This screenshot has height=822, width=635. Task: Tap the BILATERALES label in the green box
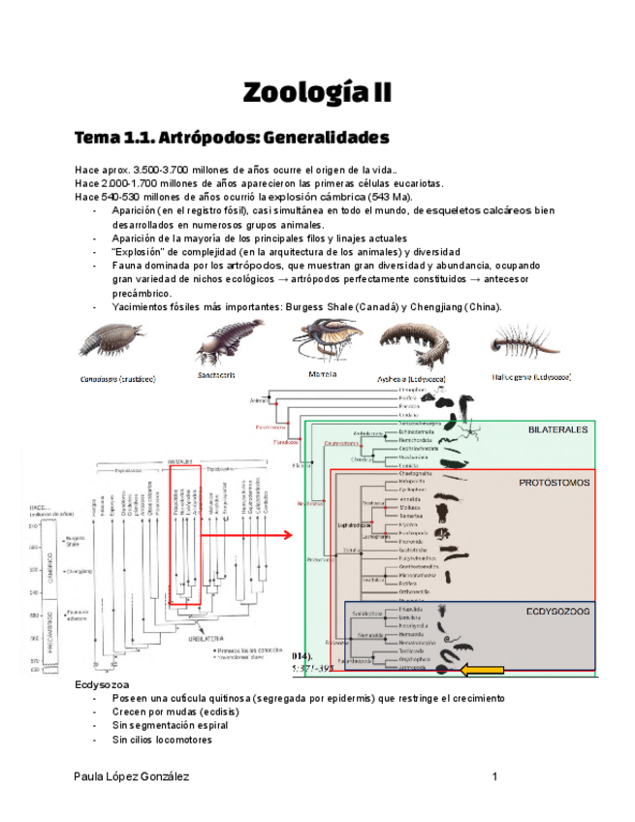(x=558, y=429)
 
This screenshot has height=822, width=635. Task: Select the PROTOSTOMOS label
(x=554, y=481)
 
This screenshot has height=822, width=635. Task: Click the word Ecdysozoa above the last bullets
(x=100, y=685)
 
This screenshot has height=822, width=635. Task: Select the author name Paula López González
(x=131, y=776)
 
